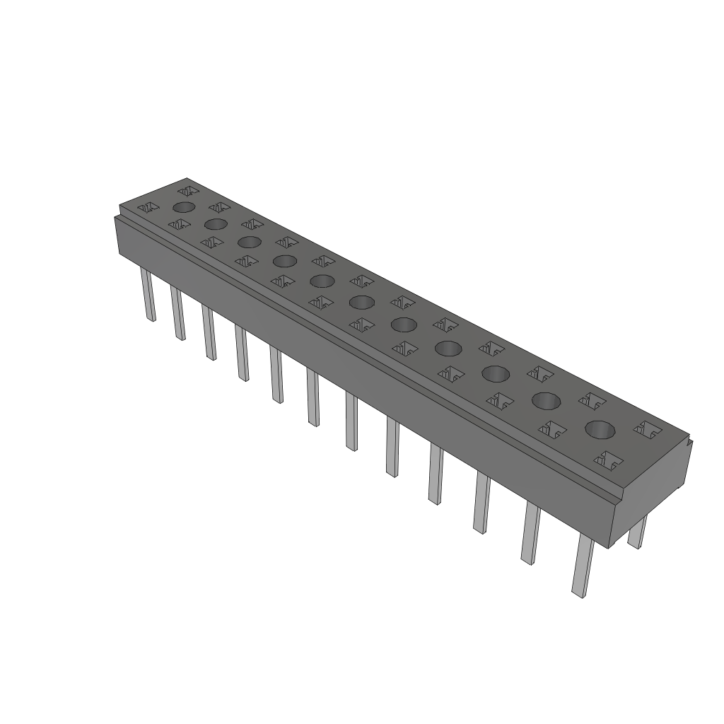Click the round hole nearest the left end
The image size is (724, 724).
tap(184, 207)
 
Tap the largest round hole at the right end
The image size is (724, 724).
tap(600, 429)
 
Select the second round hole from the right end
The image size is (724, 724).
tap(546, 401)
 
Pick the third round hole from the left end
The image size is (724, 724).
tap(249, 242)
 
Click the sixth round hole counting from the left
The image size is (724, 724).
tap(361, 303)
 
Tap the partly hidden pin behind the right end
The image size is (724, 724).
tap(638, 532)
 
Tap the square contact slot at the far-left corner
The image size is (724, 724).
tap(150, 208)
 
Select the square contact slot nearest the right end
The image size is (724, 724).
tap(648, 428)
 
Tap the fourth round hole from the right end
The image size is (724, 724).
tap(448, 348)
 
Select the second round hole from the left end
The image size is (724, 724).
tap(215, 224)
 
